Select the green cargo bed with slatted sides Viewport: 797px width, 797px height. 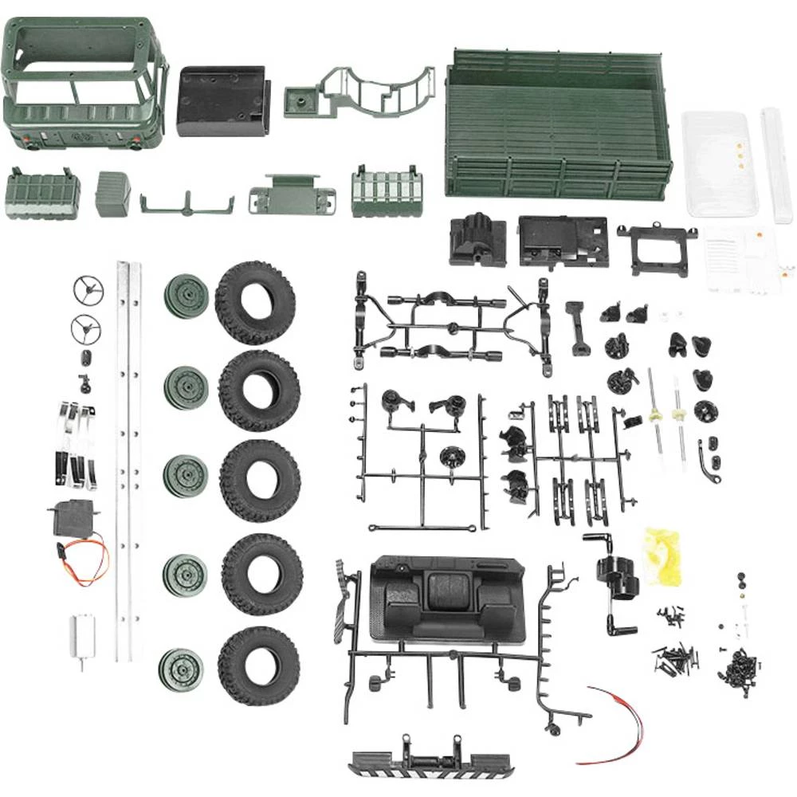(x=558, y=124)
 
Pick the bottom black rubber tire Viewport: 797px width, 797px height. (x=258, y=666)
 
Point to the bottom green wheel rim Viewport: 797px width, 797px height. (x=180, y=669)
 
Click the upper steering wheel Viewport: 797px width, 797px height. (x=88, y=291)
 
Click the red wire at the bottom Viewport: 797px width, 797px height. (x=618, y=721)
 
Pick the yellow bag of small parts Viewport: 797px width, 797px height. (x=665, y=554)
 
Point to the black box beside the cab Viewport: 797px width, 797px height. (x=221, y=101)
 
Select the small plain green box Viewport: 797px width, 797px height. (x=112, y=194)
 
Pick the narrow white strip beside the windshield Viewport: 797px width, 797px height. (x=774, y=163)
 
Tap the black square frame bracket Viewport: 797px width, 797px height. (x=656, y=249)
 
